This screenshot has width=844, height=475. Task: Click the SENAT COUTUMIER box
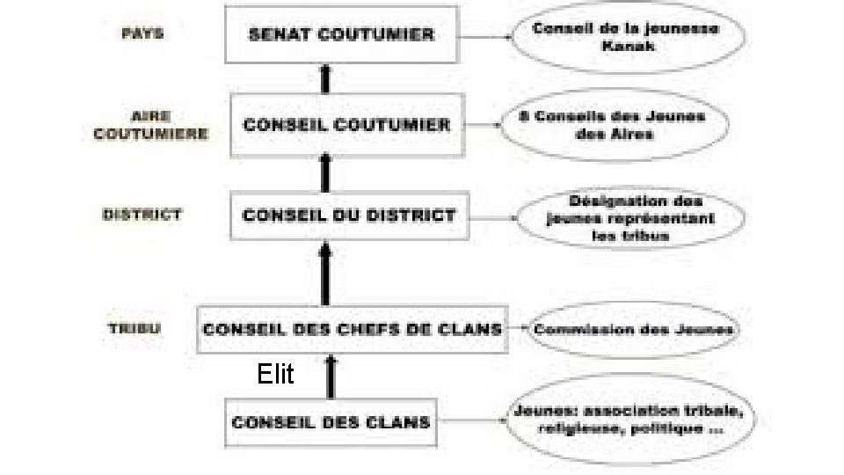tap(342, 36)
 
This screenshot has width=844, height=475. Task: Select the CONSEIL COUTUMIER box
tap(346, 124)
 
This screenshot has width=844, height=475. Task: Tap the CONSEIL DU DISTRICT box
tap(349, 215)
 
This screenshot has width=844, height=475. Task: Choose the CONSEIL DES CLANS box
tap(331, 421)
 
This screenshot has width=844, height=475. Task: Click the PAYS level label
tap(142, 34)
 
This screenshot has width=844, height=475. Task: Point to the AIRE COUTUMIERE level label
tap(150, 125)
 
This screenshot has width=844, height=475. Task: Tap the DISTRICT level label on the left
tap(142, 214)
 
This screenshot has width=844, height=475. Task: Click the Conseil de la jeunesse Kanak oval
tap(626, 36)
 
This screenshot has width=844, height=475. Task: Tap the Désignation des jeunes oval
tap(629, 217)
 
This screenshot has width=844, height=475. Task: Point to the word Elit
tap(275, 376)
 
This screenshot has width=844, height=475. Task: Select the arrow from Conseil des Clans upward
tap(331, 376)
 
